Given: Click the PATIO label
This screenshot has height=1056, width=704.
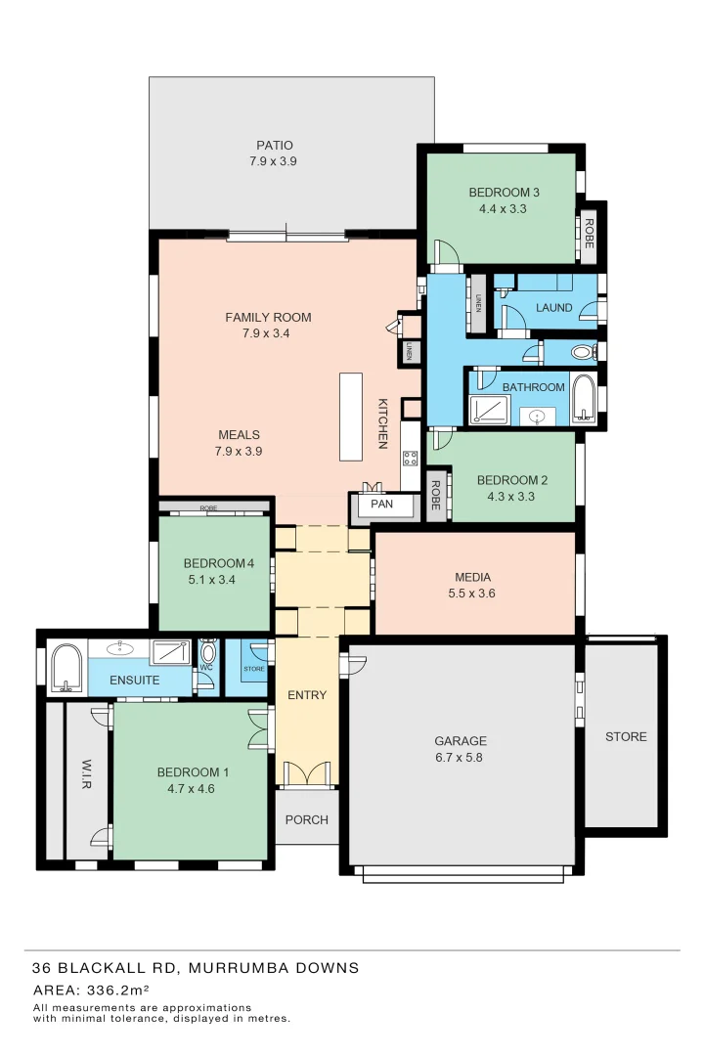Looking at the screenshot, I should [x=274, y=146].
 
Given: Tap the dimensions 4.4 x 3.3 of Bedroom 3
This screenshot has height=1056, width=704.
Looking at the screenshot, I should [x=504, y=208].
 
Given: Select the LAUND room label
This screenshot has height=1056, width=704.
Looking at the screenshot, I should [x=553, y=308].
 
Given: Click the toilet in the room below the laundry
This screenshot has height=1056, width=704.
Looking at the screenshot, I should [x=581, y=352].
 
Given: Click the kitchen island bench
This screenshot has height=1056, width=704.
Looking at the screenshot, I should [x=351, y=416].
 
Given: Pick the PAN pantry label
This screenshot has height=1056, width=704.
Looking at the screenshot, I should [x=381, y=505].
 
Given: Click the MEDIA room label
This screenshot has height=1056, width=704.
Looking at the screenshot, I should [x=472, y=577].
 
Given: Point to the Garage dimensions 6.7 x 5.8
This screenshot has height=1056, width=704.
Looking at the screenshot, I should [x=460, y=757].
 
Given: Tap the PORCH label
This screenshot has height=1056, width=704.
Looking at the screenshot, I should [x=306, y=819].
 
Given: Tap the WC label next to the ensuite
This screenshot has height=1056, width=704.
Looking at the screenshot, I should [x=207, y=668].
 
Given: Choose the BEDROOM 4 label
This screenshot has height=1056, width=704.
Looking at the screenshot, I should [x=218, y=563].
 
